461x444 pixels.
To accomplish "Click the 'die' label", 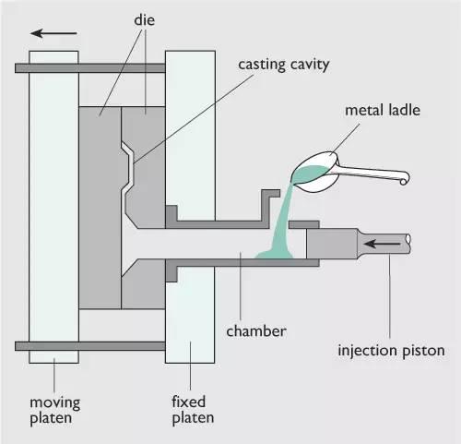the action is pyautogui.click(x=144, y=20).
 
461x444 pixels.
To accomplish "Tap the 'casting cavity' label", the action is pyautogui.click(x=284, y=65).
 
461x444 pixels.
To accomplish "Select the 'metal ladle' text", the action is pyautogui.click(x=383, y=110).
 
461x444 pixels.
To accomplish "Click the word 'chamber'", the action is pyautogui.click(x=256, y=331).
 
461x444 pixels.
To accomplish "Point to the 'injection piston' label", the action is pyautogui.click(x=391, y=351).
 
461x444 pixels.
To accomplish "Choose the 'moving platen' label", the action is pyautogui.click(x=54, y=411).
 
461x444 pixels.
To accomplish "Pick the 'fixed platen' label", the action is pyautogui.click(x=193, y=410).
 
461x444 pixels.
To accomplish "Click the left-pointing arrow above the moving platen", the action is pyautogui.click(x=53, y=33).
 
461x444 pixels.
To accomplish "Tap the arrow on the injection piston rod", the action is pyautogui.click(x=382, y=244).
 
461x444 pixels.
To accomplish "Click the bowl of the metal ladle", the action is pyautogui.click(x=315, y=173).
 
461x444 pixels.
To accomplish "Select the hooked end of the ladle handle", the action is pyautogui.click(x=404, y=179).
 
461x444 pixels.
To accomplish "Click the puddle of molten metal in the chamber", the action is pyautogui.click(x=275, y=254).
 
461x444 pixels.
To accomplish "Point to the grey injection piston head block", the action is pyautogui.click(x=332, y=244).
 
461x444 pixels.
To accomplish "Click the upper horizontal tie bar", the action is pyautogui.click(x=90, y=68).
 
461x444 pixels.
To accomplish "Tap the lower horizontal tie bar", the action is pyautogui.click(x=90, y=346).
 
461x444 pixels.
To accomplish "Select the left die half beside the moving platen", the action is pyautogui.click(x=100, y=208).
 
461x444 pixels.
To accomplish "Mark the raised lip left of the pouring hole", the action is pyautogui.click(x=270, y=205).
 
